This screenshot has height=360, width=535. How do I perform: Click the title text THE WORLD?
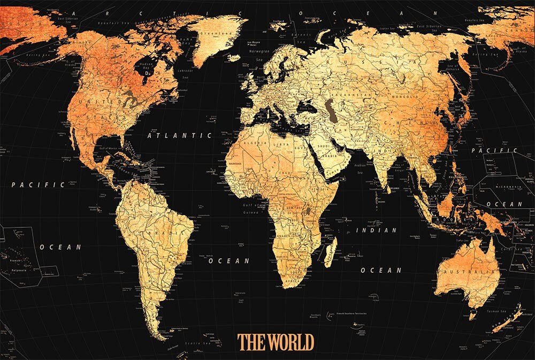(276, 341)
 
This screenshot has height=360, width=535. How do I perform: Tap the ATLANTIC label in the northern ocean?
(179, 136)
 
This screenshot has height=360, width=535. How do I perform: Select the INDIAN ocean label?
(377, 231)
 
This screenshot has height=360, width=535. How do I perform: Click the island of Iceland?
(234, 57)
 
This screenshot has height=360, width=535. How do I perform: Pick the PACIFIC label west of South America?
(38, 185)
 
